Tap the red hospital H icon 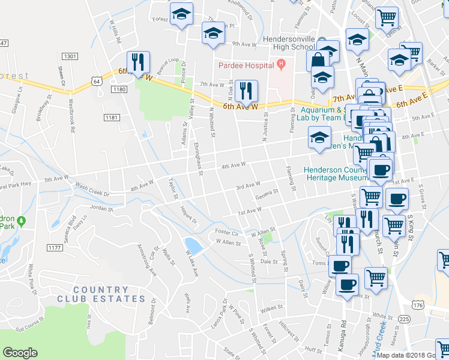click(x=280, y=64)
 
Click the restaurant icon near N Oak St click(x=246, y=91)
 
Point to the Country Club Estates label click(x=101, y=293)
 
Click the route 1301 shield click(x=70, y=56)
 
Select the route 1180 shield click(x=119, y=89)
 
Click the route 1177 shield click(x=55, y=247)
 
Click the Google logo click(x=20, y=353)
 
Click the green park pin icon click(x=22, y=221)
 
